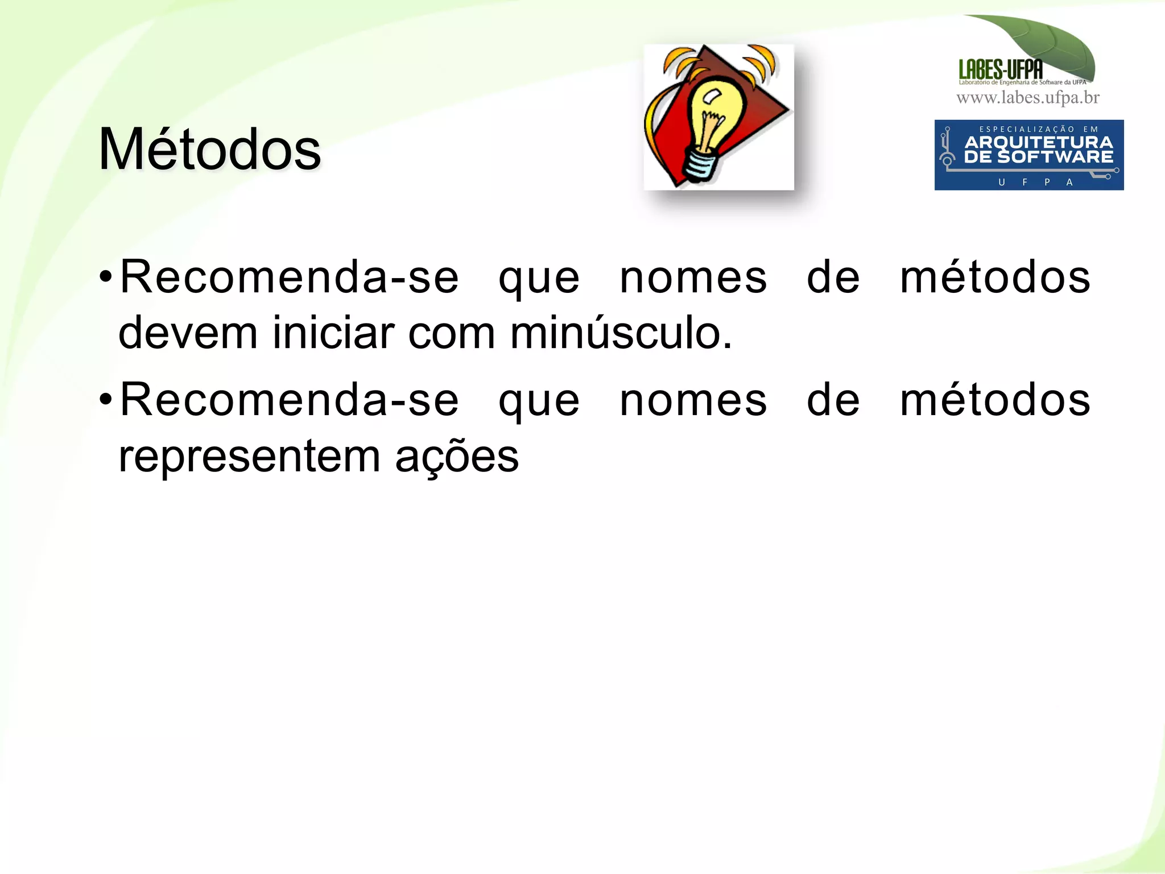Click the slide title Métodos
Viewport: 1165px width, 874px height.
click(209, 149)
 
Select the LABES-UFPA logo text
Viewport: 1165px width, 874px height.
click(1001, 70)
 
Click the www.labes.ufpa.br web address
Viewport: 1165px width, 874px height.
click(1028, 98)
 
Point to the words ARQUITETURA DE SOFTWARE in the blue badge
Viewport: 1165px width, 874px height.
click(1038, 150)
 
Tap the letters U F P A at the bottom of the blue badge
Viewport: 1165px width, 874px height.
click(1035, 183)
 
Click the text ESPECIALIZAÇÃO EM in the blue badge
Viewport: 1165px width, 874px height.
click(1038, 130)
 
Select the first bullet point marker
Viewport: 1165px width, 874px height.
click(105, 277)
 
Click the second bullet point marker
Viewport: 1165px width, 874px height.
click(105, 400)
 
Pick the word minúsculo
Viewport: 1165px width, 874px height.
click(621, 333)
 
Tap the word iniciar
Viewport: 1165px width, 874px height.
click(333, 333)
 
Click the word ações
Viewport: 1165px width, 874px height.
click(457, 457)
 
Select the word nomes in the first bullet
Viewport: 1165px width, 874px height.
click(693, 277)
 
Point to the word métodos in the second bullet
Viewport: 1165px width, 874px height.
click(995, 400)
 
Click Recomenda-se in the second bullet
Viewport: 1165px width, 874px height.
click(289, 400)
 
